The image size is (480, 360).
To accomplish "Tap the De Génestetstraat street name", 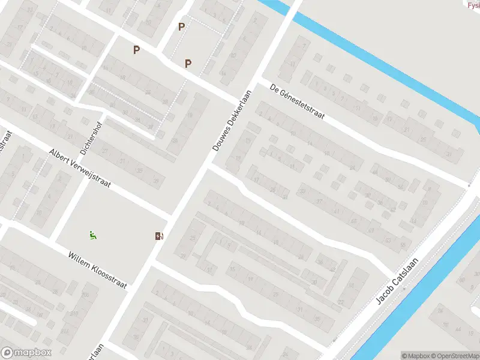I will coord(296,101).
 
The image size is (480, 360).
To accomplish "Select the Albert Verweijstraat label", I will coord(80,169).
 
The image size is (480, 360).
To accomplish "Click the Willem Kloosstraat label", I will coord(97,270).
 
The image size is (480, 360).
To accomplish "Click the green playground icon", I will coord(92,236).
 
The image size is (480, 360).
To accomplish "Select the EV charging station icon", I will coord(158,236).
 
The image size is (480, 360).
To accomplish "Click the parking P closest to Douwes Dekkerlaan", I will coord(188,64).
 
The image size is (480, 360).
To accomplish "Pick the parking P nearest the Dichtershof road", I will coord(137,50).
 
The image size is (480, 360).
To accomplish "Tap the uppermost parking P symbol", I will coord(181,26).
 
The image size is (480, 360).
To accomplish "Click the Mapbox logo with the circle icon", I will coord(26,353).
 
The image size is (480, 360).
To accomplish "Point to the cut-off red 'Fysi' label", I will coord(473,5).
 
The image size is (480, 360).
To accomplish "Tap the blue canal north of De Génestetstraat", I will coord(384,60).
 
